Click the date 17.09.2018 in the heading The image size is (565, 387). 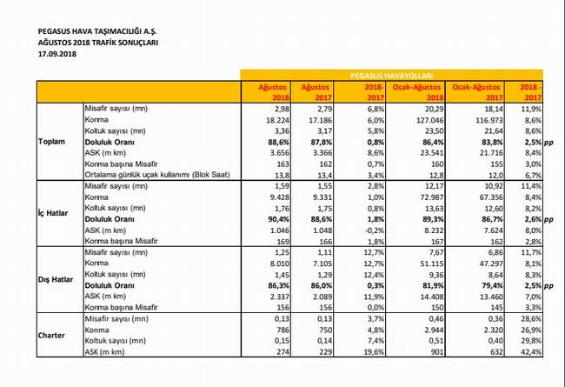[57, 54]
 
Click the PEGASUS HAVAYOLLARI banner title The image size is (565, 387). [391, 76]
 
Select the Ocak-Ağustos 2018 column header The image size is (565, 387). [417, 92]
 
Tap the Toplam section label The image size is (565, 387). [52, 142]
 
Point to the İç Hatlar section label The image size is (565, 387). [53, 213]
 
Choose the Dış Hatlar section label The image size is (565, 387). [56, 279]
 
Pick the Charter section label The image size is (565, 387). [51, 336]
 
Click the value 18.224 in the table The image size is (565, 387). [277, 120]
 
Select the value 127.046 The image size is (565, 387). [429, 120]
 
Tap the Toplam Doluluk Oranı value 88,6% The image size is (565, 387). [278, 142]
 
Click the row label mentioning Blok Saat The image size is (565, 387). [157, 175]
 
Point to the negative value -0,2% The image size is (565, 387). [375, 230]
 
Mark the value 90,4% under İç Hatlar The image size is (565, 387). [278, 219]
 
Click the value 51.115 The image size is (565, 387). [431, 264]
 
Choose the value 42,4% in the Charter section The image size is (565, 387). [531, 351]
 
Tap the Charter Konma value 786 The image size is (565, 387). [282, 330]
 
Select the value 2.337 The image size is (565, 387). [279, 297]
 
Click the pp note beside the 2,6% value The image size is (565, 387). [548, 220]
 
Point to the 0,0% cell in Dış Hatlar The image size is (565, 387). [376, 308]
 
